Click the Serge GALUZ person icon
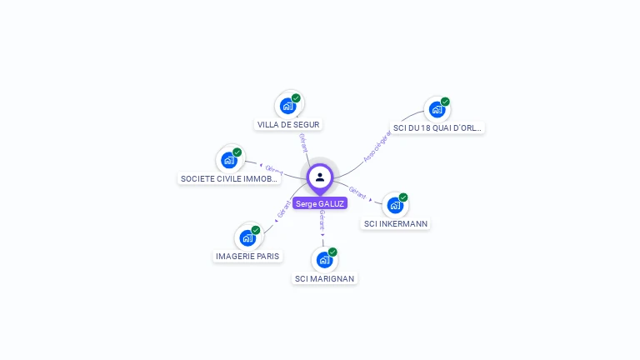pyautogui.click(x=320, y=177)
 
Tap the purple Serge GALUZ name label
pyautogui.click(x=320, y=203)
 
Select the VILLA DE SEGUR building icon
pyautogui.click(x=287, y=106)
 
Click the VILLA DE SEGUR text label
pyautogui.click(x=288, y=125)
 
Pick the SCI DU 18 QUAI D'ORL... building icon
pyautogui.click(x=437, y=109)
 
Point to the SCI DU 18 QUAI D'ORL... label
pyautogui.click(x=437, y=128)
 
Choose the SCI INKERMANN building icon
pyautogui.click(x=395, y=205)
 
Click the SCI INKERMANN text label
pyautogui.click(x=396, y=223)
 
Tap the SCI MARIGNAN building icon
pyautogui.click(x=324, y=260)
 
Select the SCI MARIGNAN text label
pyautogui.click(x=325, y=278)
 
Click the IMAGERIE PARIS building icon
pyautogui.click(x=247, y=237)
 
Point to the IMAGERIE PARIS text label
pyautogui.click(x=247, y=256)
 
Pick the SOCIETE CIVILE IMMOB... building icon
pyautogui.click(x=229, y=160)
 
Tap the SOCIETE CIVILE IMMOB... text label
pyautogui.click(x=229, y=178)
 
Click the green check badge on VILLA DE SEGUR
pyautogui.click(x=296, y=97)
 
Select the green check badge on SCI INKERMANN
pyautogui.click(x=403, y=197)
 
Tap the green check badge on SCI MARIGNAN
pyautogui.click(x=332, y=252)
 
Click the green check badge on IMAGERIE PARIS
pyautogui.click(x=256, y=230)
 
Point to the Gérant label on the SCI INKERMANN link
pyautogui.click(x=358, y=192)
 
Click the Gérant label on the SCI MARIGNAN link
pyautogui.click(x=322, y=220)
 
